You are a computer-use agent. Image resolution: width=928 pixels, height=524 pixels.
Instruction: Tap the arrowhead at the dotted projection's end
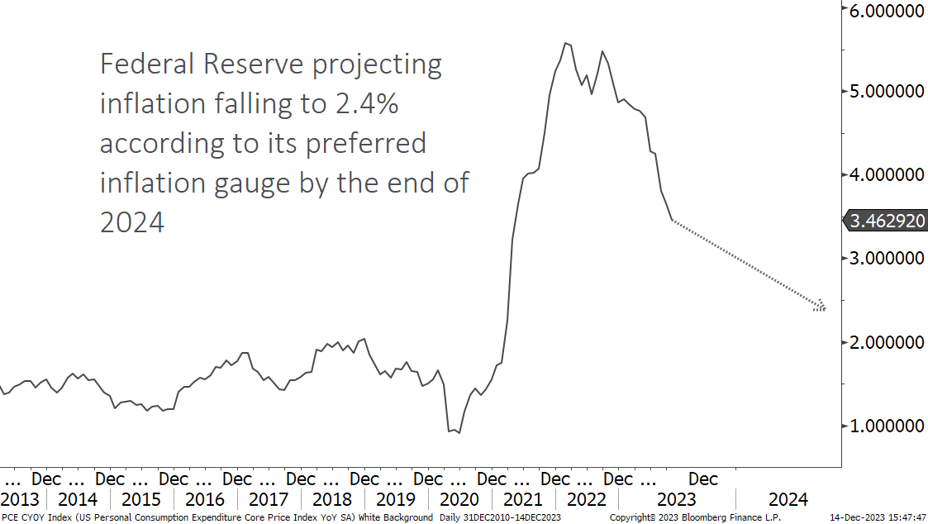pos(820,307)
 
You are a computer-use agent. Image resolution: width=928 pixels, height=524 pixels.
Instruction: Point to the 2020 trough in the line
pos(459,432)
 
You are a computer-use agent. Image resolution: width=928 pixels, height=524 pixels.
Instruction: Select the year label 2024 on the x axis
pos(788,500)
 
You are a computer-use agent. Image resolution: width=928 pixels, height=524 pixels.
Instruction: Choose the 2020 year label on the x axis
pos(459,500)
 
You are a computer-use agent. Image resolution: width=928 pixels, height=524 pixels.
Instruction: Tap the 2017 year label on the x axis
pos(268,500)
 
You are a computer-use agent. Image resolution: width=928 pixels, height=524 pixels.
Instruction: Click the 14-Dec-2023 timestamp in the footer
pos(858,517)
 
